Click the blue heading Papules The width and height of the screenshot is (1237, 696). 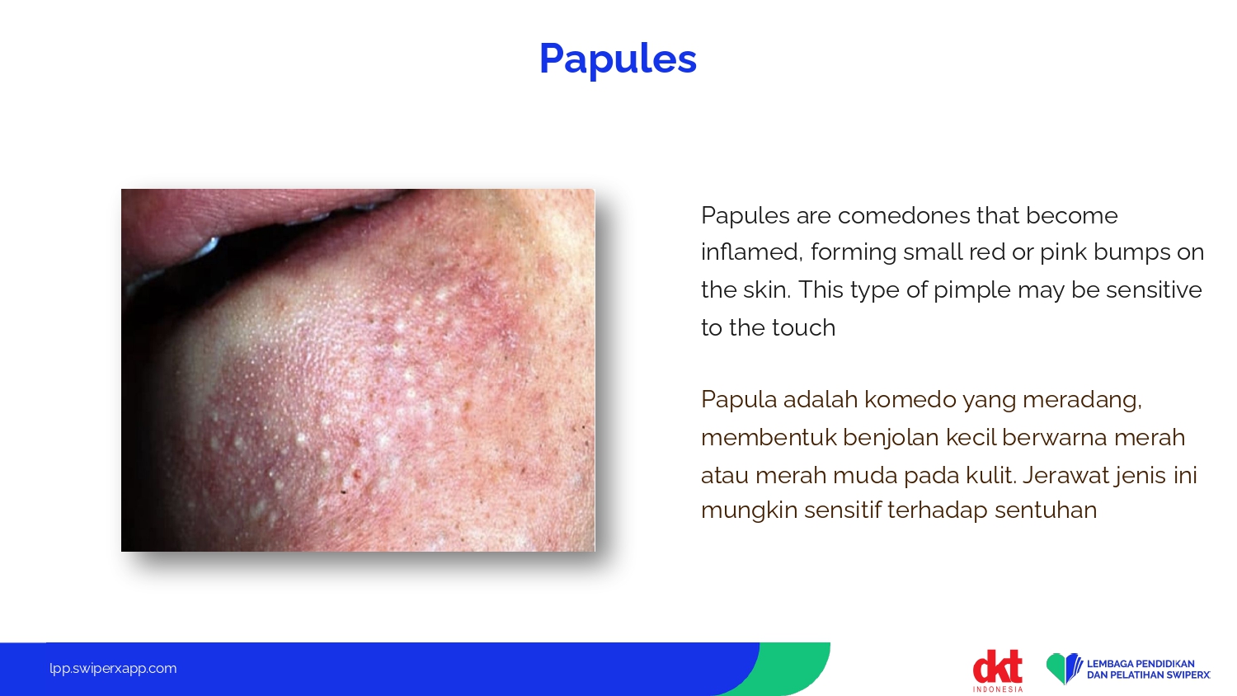point(618,59)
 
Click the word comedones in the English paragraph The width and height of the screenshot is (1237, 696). point(904,215)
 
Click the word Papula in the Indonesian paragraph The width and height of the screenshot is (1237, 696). point(738,400)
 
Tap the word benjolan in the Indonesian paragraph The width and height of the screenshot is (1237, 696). point(890,438)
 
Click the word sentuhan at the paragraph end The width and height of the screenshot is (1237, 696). point(1046,510)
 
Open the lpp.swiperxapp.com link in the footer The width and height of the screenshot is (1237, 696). point(113,669)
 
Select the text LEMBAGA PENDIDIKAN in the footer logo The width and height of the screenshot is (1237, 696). point(1141,663)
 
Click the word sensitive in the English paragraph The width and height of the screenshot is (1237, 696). point(1154,290)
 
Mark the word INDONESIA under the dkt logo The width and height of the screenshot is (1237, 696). point(998,689)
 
